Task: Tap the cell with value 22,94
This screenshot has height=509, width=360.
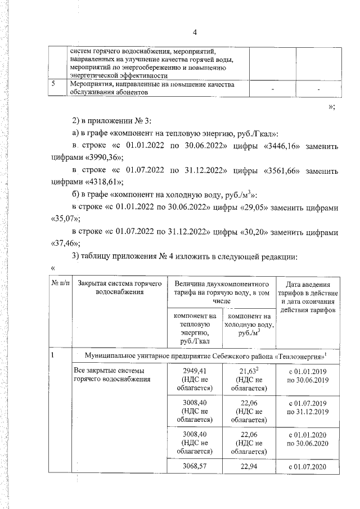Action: pyautogui.click(x=248, y=466)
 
